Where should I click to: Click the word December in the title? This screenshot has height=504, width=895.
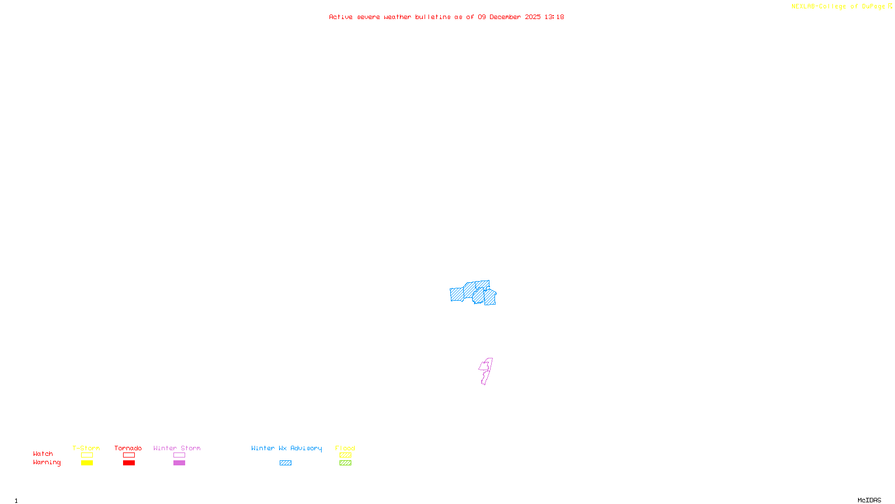(505, 17)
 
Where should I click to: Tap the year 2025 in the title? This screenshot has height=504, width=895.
(533, 17)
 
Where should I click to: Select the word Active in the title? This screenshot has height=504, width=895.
(341, 17)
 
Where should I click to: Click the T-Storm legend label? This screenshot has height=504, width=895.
(86, 448)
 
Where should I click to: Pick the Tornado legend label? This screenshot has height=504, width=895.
(128, 448)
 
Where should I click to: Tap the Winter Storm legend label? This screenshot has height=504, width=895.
(177, 448)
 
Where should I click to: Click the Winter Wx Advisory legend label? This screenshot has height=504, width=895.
(286, 448)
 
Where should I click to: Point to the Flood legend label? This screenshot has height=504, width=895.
(345, 448)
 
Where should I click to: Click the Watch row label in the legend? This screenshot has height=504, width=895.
(43, 454)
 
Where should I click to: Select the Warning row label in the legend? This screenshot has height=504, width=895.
(47, 463)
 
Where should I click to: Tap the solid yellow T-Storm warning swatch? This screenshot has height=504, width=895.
(87, 463)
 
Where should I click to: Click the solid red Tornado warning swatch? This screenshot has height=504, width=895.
(129, 463)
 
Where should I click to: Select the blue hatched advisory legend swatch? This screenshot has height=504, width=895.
(285, 463)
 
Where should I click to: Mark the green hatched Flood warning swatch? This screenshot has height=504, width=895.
(345, 463)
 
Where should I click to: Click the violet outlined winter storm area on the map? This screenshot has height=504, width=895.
(486, 371)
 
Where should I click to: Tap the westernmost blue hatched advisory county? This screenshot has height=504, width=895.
(457, 294)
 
